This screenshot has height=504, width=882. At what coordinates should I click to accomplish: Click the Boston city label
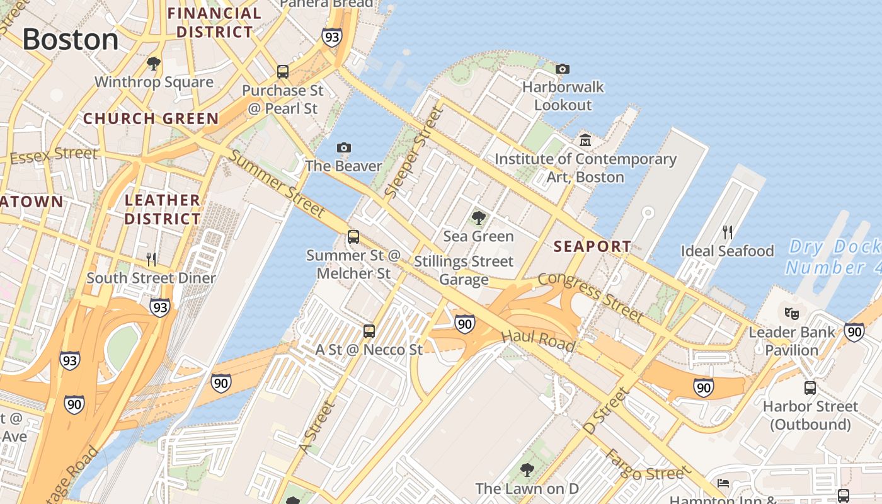71,40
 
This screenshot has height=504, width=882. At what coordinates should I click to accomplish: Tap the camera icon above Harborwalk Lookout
563,69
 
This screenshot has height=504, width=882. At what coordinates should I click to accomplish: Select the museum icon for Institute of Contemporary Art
585,140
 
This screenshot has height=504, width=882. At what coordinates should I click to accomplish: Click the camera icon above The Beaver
343,147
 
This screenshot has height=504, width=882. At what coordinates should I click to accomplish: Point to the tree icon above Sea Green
479,218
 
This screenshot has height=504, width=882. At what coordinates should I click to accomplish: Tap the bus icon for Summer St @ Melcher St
353,237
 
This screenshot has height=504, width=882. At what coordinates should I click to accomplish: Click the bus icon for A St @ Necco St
369,331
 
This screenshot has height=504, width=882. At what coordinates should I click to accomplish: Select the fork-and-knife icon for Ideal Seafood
727,232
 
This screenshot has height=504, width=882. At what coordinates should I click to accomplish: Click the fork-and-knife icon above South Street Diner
151,259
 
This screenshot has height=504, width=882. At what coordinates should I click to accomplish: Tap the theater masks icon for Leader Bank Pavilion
791,312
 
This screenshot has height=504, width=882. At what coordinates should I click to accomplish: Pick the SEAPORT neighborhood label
592,246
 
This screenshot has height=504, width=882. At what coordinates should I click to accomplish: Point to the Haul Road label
539,340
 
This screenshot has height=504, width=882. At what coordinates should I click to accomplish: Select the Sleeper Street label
415,153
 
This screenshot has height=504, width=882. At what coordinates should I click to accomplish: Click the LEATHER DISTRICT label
163,209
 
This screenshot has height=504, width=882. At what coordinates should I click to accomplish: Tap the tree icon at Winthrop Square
153,63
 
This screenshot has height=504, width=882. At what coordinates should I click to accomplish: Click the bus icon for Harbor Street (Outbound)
810,387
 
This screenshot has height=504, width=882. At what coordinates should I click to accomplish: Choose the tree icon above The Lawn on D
527,469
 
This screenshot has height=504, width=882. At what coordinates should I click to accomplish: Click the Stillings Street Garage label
464,270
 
